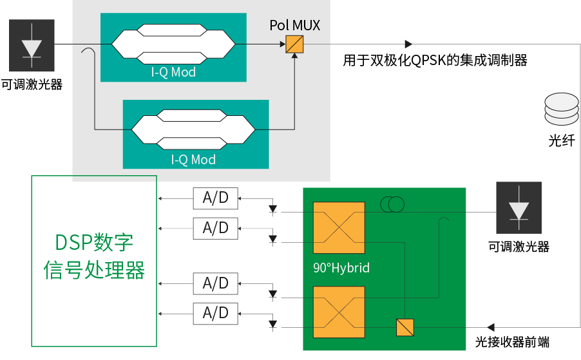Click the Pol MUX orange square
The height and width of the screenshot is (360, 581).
(x=295, y=44)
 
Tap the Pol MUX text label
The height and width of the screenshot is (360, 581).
(x=294, y=26)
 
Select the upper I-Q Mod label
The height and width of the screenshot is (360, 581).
(x=173, y=73)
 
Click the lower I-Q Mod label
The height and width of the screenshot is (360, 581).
(x=193, y=160)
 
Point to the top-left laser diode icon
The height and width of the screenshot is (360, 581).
(x=32, y=46)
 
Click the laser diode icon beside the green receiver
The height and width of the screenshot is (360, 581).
(x=519, y=207)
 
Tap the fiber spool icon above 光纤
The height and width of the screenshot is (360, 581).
(x=562, y=110)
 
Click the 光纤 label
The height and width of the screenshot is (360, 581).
(x=562, y=140)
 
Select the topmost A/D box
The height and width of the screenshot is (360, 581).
(x=215, y=198)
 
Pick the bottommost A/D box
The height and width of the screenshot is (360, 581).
(x=215, y=313)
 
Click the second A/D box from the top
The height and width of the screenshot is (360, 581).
(x=215, y=227)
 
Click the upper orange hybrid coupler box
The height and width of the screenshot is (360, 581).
(x=339, y=228)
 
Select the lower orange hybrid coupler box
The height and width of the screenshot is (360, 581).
(x=339, y=312)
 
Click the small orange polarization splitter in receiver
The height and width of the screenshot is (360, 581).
(x=404, y=328)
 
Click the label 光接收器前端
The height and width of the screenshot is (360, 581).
(x=513, y=342)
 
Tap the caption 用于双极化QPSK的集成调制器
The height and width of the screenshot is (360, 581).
(x=435, y=61)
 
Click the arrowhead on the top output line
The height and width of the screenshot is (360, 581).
(x=408, y=44)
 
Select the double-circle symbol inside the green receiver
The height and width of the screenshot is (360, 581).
(x=392, y=205)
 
